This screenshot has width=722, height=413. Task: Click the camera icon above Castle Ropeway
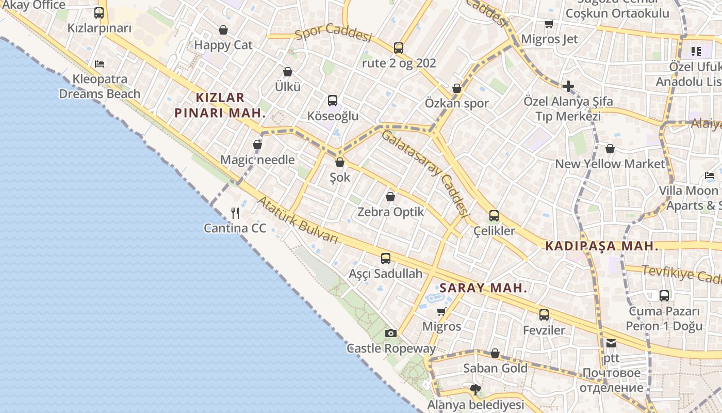391,333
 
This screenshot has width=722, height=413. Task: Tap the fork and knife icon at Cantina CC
235,213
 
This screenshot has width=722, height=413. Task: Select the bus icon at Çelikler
494,216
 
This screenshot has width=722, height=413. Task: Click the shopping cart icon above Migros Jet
549,24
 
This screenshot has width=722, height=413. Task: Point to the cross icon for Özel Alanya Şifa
568,86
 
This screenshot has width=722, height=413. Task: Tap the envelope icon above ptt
611,343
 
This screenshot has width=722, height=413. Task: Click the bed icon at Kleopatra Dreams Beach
100,64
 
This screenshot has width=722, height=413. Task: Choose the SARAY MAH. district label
483,288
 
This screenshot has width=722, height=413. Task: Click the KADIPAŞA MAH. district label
602,246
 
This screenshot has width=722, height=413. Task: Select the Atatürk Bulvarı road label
298,219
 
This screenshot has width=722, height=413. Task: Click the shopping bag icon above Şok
339,162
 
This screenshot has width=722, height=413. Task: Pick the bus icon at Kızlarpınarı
99,13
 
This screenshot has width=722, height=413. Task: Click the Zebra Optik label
391,212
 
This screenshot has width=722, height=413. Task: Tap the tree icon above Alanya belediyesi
475,389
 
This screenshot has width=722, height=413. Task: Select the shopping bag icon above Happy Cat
223,30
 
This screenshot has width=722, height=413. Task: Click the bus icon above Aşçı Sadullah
386,259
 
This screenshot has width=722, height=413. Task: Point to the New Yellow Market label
610,164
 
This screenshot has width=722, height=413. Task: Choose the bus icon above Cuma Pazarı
664,296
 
